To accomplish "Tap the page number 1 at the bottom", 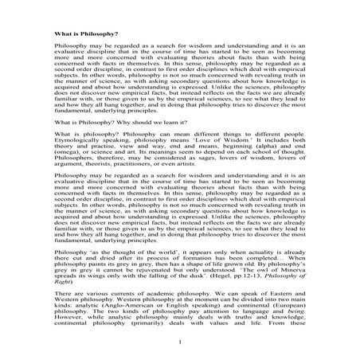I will [182, 342].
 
